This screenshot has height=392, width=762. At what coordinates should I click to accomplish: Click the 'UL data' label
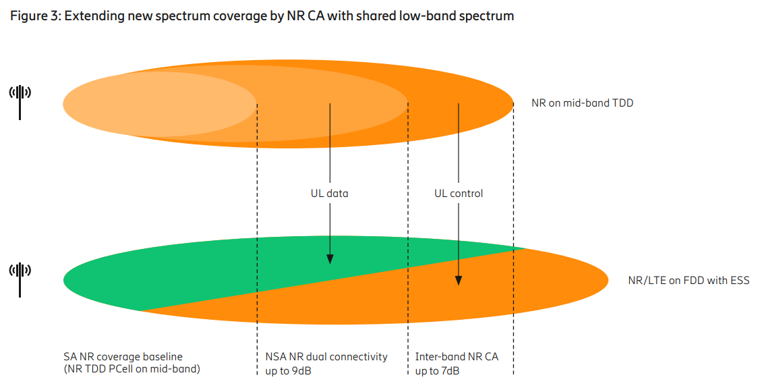pyautogui.click(x=330, y=194)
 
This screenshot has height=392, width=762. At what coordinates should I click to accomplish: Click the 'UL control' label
pyautogui.click(x=459, y=194)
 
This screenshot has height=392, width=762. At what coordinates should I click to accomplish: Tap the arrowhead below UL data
pyautogui.click(x=330, y=259)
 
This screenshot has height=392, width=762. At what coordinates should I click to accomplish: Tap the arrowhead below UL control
pyautogui.click(x=459, y=281)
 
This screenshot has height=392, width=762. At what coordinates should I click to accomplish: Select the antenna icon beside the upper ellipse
pyautogui.click(x=20, y=102)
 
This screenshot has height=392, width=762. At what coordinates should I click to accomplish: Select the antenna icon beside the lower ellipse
pyautogui.click(x=20, y=279)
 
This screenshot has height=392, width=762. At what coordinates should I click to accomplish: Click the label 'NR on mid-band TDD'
pyautogui.click(x=582, y=103)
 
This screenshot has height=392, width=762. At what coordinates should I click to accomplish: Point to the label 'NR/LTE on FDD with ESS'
pyautogui.click(x=688, y=281)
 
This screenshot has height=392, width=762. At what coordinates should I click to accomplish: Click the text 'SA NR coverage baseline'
pyautogui.click(x=123, y=357)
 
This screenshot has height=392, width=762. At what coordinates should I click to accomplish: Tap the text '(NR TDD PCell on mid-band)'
pyautogui.click(x=131, y=369)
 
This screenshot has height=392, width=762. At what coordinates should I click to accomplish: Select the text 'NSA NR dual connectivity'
pyautogui.click(x=326, y=357)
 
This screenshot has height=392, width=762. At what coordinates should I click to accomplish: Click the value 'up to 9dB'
pyautogui.click(x=288, y=371)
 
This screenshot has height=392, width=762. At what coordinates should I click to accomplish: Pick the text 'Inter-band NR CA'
pyautogui.click(x=457, y=357)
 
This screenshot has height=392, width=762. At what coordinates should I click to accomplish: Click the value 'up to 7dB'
pyautogui.click(x=438, y=371)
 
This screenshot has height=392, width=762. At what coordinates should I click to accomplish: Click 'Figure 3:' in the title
pyautogui.click(x=36, y=16)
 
